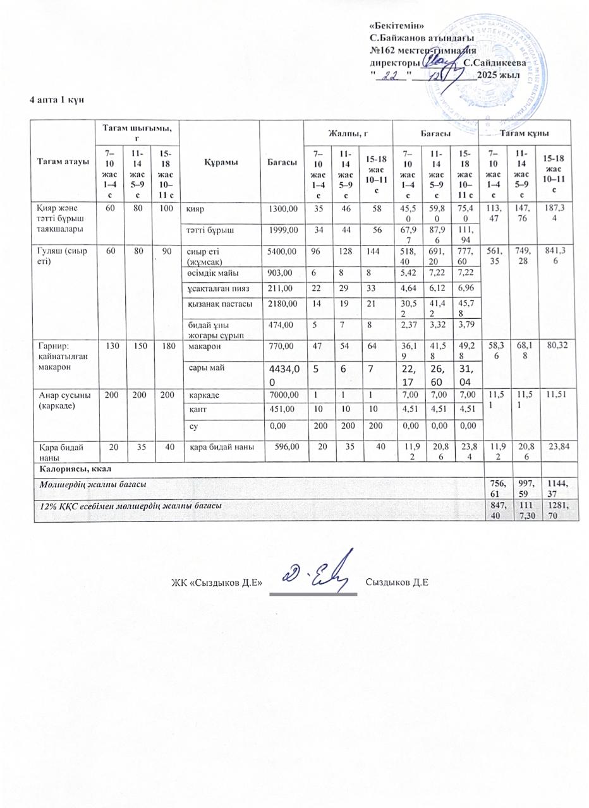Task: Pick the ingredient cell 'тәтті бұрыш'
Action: pos(209,231)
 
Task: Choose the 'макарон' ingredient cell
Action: pos(202,347)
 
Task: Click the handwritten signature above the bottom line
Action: pos(314,571)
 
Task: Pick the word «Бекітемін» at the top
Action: pos(396,25)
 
